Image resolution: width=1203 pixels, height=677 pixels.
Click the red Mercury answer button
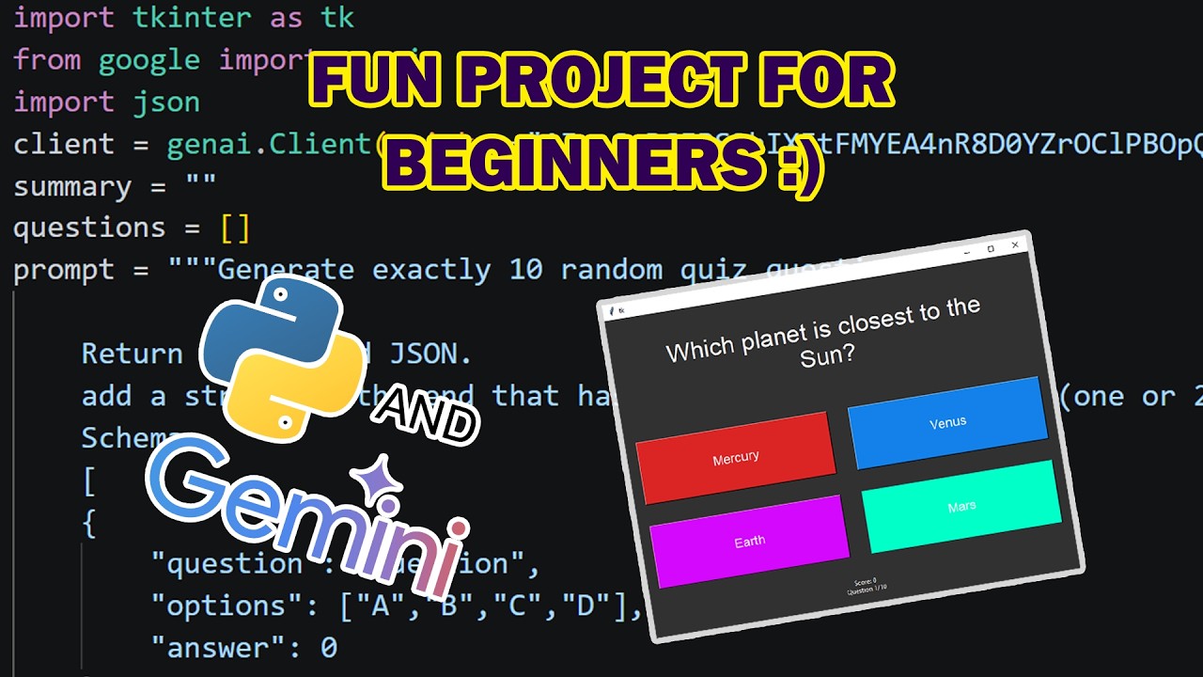tap(735, 458)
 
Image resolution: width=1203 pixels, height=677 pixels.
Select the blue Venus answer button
tap(947, 423)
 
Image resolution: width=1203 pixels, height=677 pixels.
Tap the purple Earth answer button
tap(749, 542)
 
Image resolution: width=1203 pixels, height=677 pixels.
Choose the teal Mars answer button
tap(961, 507)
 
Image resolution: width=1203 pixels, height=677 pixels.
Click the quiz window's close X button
tap(1015, 245)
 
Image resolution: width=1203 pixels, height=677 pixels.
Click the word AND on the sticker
tap(426, 414)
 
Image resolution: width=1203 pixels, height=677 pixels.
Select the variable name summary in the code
tap(71, 186)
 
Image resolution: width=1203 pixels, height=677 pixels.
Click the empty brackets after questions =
tap(235, 228)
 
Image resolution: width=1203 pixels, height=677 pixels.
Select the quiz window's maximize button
tap(991, 248)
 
